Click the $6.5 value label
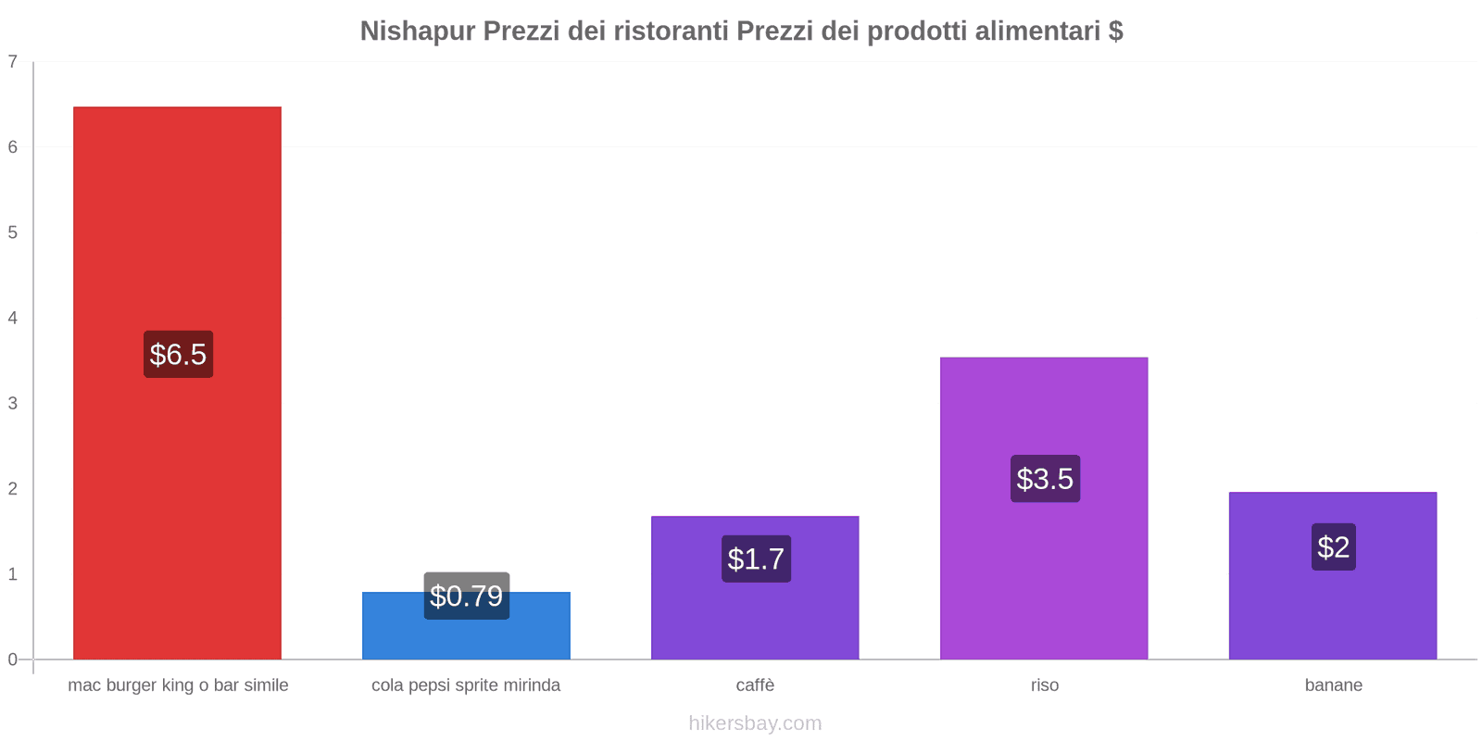point(178,354)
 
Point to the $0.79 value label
point(466,596)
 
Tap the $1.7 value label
point(756,559)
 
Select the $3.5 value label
point(1045,479)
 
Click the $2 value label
point(1333,546)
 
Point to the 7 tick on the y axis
point(13,62)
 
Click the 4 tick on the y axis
point(13,318)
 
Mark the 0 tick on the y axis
point(13,659)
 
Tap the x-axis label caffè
point(755,685)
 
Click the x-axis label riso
point(1044,685)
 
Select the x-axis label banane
point(1333,685)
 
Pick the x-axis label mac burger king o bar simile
point(178,685)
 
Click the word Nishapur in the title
point(417,31)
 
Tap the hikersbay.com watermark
point(755,723)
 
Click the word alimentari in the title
point(1041,31)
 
